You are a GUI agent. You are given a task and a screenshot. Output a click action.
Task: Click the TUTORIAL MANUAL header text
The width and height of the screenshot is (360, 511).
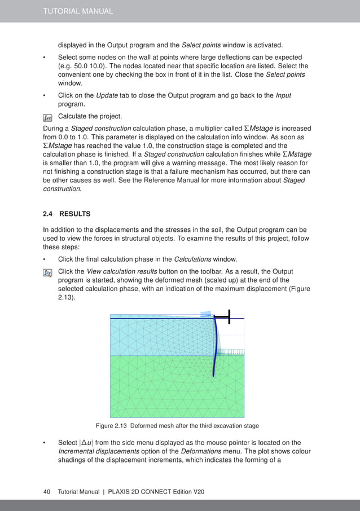(x=78, y=11)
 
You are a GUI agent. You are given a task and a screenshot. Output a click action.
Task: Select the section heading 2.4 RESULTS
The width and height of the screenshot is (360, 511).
(x=67, y=214)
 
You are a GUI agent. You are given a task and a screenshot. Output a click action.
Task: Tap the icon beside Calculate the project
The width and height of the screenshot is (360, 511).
(x=47, y=117)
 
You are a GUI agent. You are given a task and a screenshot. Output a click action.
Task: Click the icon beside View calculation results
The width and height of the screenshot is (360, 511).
(x=47, y=272)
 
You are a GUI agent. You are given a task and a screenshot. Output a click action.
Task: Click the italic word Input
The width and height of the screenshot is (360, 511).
(x=283, y=95)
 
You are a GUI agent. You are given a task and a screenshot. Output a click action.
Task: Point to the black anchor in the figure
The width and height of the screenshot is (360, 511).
(x=229, y=318)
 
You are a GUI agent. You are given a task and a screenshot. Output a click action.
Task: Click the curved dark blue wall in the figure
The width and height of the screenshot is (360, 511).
(x=215, y=350)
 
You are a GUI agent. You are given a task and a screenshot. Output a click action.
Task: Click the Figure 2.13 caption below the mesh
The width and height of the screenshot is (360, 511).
(x=178, y=425)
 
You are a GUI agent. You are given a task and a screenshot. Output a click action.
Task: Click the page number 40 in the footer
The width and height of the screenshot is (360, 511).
(x=47, y=492)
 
